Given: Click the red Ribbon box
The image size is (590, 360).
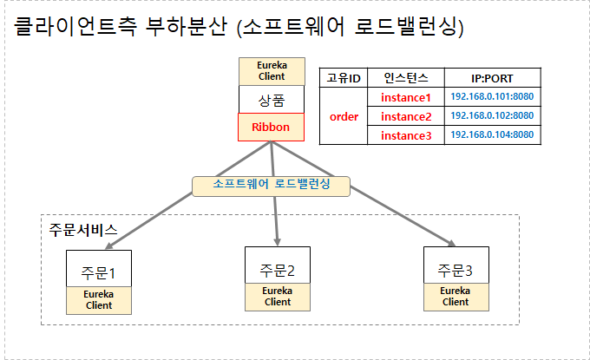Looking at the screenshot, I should point(271,128).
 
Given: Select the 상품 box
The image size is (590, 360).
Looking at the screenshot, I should point(271,99).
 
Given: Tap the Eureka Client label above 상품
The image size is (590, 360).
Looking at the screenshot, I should point(271,71).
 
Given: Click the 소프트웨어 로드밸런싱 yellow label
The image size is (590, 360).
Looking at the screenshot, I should point(272,185).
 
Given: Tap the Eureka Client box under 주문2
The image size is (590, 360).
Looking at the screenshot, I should point(278,296).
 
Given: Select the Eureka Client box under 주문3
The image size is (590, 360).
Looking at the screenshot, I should point(456,297).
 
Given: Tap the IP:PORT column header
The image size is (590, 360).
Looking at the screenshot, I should point(492,77).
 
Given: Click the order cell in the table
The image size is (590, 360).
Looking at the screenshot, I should point(344,116).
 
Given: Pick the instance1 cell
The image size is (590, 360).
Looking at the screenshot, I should point(405,97).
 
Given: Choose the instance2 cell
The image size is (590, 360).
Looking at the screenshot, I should point(405,116).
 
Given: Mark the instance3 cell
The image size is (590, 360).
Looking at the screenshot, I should point(405,135).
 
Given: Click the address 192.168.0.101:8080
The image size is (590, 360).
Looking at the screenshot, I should point(492,97).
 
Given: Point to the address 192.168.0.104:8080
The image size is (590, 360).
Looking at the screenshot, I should point(492,135).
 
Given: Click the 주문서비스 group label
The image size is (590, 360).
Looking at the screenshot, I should point(83,231).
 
